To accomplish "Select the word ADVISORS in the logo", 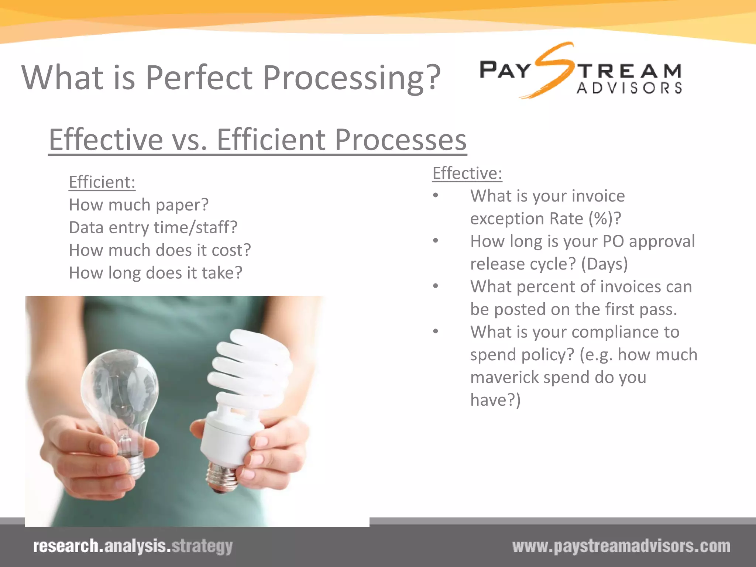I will [x=629, y=88].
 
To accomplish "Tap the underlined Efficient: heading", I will [x=102, y=182].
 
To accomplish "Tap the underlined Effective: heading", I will [x=467, y=173].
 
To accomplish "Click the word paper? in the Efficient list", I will [x=182, y=205].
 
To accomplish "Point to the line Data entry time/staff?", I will [x=153, y=228].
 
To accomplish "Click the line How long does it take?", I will [x=156, y=273].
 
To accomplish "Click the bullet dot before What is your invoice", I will [x=436, y=195].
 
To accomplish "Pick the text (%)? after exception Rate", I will [x=605, y=219].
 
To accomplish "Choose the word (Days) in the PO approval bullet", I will [x=604, y=264].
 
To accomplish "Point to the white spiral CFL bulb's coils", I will [x=251, y=369].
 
